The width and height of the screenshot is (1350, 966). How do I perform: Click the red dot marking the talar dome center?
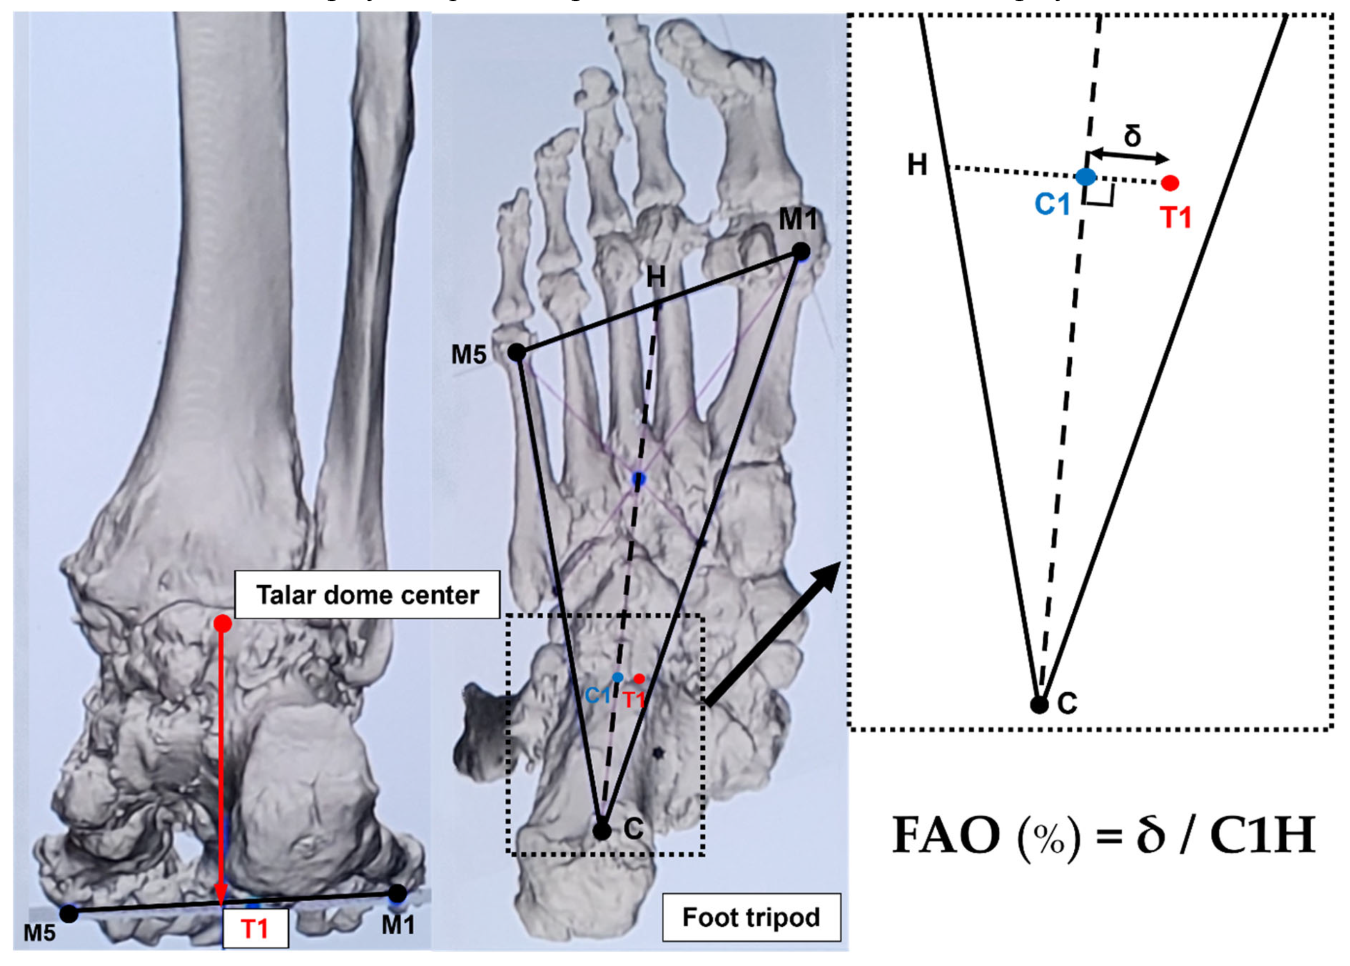[222, 624]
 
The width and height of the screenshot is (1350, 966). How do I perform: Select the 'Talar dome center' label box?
[367, 595]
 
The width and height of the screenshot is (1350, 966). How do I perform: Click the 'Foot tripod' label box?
[751, 917]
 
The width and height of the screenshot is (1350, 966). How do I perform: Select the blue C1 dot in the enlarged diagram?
[1086, 177]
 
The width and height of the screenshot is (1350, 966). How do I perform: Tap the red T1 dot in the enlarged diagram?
[1170, 182]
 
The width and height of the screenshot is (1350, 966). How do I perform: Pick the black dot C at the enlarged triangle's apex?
[1039, 705]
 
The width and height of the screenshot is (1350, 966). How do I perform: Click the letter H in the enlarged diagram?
[917, 165]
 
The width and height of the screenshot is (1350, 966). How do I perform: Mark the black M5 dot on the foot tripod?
[517, 353]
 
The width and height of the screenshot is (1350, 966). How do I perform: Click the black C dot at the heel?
[602, 830]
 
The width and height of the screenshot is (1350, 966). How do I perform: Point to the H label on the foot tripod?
[655, 277]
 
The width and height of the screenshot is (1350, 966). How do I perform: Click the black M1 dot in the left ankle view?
[398, 893]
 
